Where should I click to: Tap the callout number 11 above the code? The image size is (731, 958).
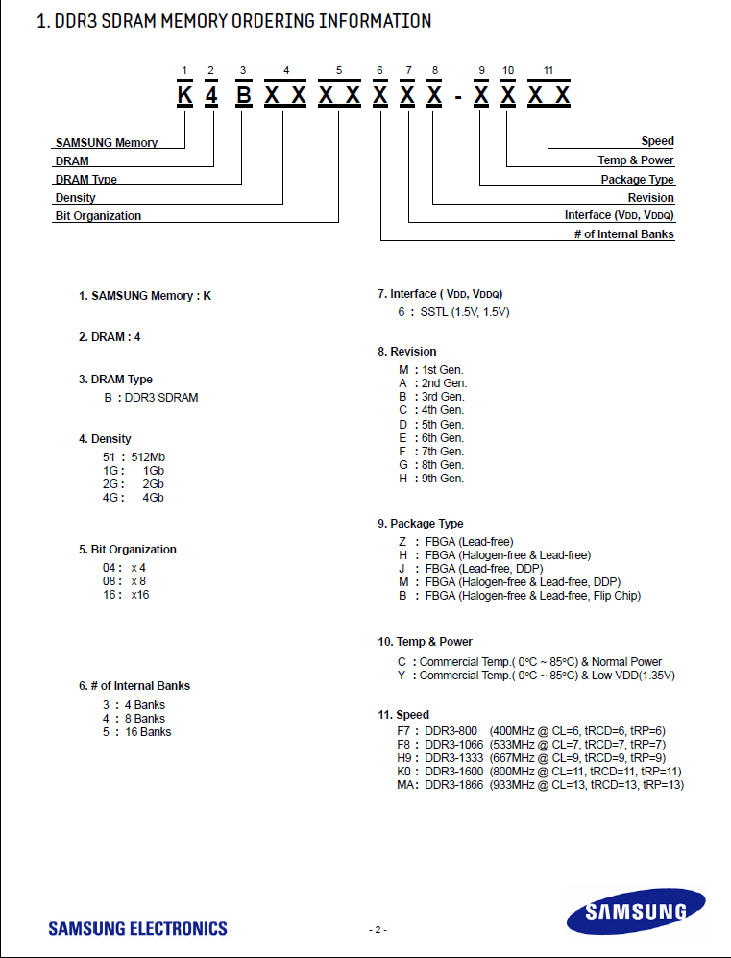(548, 71)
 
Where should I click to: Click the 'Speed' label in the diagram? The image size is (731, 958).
(657, 141)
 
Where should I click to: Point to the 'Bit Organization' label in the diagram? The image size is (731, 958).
(98, 216)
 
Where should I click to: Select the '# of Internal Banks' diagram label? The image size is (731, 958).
(623, 234)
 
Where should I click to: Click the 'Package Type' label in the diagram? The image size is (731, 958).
(637, 180)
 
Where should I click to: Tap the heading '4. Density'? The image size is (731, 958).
(105, 439)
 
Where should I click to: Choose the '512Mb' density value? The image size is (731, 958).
(148, 456)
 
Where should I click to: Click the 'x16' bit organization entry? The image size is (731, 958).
(140, 595)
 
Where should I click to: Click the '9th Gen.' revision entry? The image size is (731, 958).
(442, 479)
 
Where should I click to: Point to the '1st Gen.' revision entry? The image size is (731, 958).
(442, 370)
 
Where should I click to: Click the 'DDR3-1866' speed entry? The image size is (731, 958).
(453, 785)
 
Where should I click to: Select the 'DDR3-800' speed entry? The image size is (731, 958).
(451, 731)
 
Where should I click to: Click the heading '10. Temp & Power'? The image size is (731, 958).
(425, 642)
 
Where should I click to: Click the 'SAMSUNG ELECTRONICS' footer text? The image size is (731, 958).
(138, 928)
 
